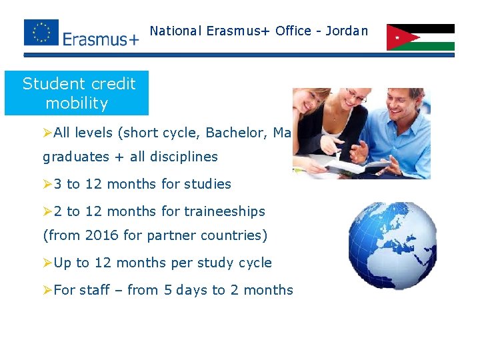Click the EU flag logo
[41, 33]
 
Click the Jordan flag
[420, 37]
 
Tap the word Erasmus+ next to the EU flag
[101, 39]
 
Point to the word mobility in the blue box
[77, 103]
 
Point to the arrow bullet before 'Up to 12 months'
[47, 263]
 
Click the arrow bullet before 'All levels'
[47, 133]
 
